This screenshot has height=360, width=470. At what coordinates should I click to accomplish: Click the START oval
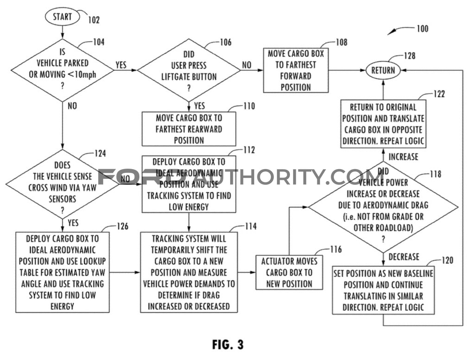click(62, 17)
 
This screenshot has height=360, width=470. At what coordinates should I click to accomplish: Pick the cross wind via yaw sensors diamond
click(62, 184)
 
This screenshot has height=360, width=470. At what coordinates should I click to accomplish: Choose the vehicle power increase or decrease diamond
click(383, 206)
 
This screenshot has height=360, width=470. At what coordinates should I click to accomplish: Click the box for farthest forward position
click(296, 70)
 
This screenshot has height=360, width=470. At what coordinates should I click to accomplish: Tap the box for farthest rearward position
click(188, 129)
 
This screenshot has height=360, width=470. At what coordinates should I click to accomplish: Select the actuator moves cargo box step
click(289, 272)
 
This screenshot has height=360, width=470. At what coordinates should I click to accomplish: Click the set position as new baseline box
click(383, 290)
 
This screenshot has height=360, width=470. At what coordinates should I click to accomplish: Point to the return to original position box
click(383, 124)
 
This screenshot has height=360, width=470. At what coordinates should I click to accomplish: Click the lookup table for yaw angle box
click(62, 272)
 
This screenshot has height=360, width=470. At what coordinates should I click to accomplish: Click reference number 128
click(409, 56)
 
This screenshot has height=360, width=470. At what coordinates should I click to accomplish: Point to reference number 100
click(422, 29)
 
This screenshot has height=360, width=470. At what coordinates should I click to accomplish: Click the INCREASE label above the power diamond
click(403, 157)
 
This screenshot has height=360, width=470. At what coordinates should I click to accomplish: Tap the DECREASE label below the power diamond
click(403, 257)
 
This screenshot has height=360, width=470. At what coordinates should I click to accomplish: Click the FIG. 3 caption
click(227, 344)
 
